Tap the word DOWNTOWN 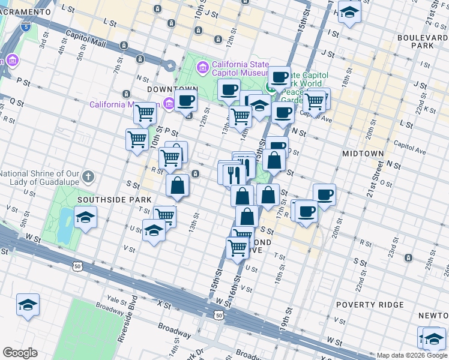pyautogui.click(x=169, y=89)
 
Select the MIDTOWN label pyautogui.click(x=363, y=154)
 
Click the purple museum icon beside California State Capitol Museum pyautogui.click(x=202, y=65)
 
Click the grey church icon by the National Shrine pyautogui.click(x=88, y=176)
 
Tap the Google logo pyautogui.click(x=20, y=353)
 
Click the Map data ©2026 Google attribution pyautogui.click(x=412, y=355)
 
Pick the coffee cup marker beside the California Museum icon pyautogui.click(x=186, y=100)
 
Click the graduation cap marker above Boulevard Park pyautogui.click(x=349, y=12)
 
